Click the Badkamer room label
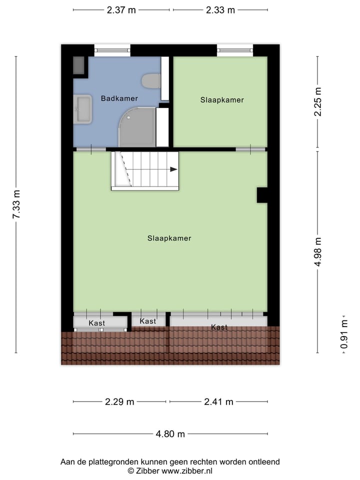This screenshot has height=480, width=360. tap(119, 98)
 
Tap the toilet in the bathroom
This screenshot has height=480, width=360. tap(151, 80)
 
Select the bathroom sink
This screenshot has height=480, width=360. tap(83, 109)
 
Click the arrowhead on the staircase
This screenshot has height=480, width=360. tap(173, 169)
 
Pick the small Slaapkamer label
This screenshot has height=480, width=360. tap(222, 100)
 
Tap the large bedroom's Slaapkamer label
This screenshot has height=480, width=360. tap(169, 238)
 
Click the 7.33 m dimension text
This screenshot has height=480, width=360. tap(16, 204)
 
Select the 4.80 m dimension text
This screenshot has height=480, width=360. tap(170, 434)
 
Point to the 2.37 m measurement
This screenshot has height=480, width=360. tap(121, 10)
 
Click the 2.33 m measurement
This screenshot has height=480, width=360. tap(220, 10)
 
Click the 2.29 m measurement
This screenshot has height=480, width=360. tap(120, 401)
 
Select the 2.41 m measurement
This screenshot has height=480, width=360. tap(218, 401)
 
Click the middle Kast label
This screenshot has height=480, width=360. tap(148, 321)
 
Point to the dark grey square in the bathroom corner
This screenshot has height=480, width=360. tap(79, 65)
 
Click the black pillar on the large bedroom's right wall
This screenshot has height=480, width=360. tap(262, 195)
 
